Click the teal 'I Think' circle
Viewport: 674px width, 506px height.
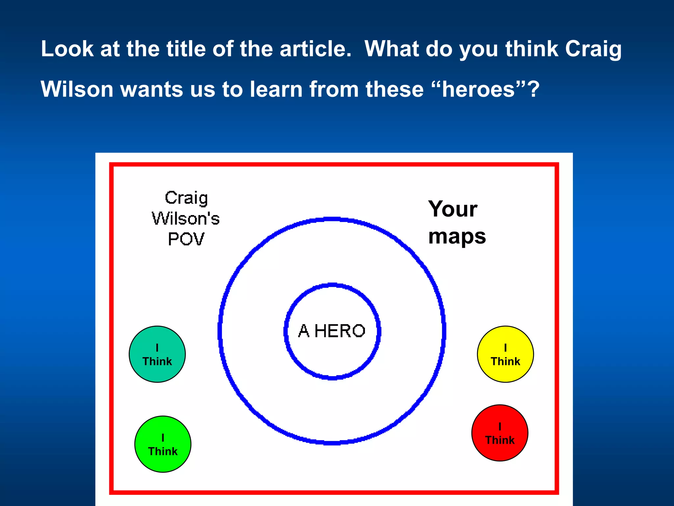click(157, 354)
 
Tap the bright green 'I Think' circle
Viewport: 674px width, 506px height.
click(163, 444)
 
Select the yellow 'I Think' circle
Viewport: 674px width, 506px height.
click(505, 354)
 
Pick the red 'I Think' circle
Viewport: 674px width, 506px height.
click(500, 433)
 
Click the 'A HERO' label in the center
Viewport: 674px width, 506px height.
click(332, 331)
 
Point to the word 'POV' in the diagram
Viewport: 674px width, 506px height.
click(186, 239)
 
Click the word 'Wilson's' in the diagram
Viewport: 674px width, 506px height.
click(186, 218)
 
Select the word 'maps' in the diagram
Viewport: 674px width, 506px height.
click(457, 237)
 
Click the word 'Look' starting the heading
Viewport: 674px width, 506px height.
click(67, 49)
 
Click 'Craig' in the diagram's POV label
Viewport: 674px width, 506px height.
click(186, 198)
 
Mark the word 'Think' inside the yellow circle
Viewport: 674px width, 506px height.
click(505, 361)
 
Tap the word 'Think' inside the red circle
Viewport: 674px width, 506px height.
click(500, 440)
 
